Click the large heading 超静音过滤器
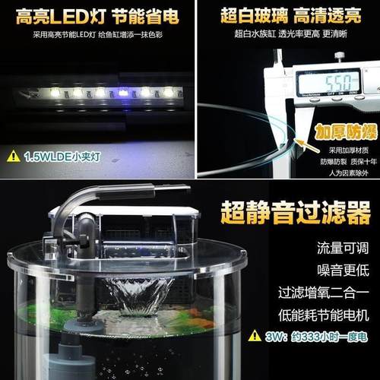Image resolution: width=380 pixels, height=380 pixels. pos(295,214)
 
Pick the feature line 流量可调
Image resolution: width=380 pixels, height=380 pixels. pos(321,249)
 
